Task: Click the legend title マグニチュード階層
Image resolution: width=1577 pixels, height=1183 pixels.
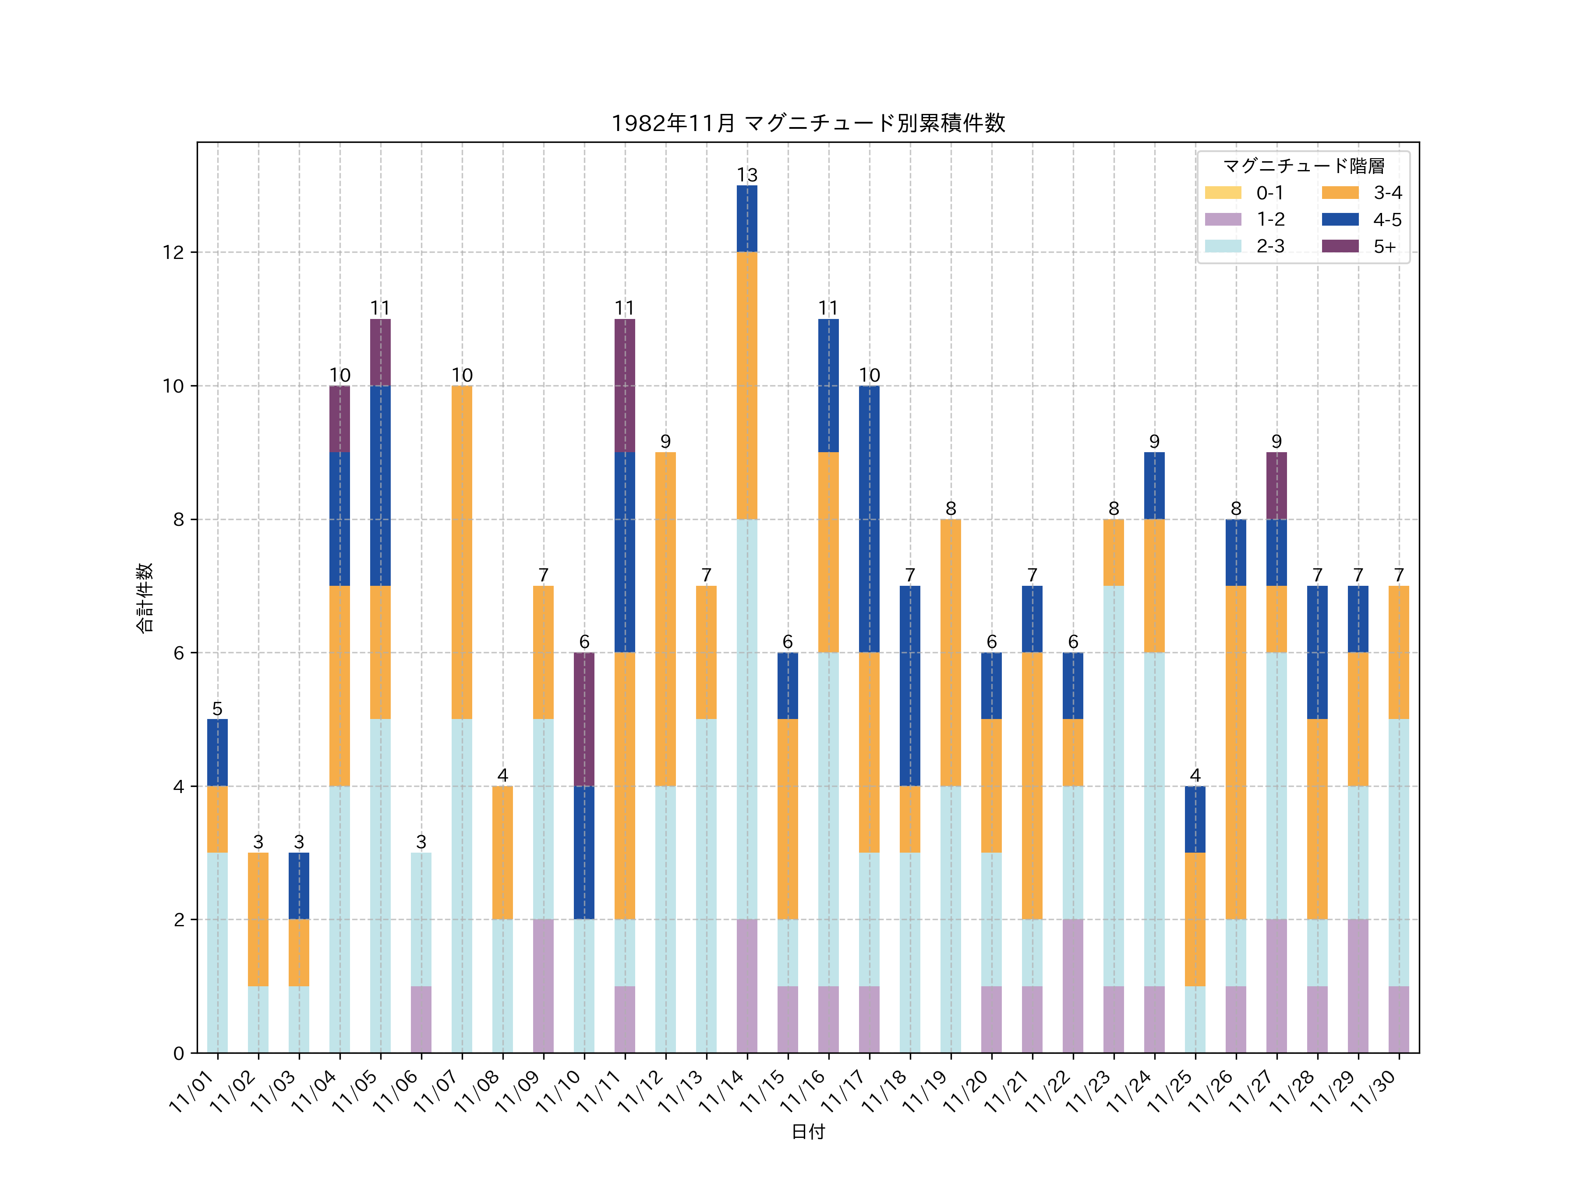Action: coord(1303,166)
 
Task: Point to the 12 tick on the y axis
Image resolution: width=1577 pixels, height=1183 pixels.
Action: coord(173,252)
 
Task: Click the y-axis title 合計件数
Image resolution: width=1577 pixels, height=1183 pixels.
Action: coord(145,598)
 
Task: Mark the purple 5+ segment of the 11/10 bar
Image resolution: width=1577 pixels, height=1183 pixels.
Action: coord(584,719)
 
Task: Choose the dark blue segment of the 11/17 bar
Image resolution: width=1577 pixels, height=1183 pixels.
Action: coord(869,519)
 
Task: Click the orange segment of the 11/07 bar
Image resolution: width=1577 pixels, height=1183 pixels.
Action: coord(462,552)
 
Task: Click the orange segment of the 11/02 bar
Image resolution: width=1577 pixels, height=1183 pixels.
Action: coord(258,919)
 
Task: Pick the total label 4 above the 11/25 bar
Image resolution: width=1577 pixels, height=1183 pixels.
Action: coord(1195,775)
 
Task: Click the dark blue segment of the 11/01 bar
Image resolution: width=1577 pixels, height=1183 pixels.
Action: coord(217,752)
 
